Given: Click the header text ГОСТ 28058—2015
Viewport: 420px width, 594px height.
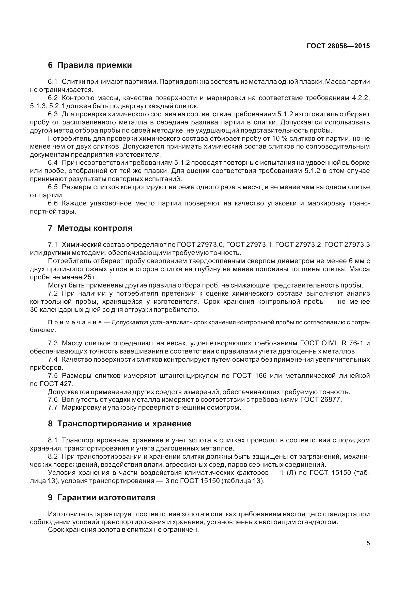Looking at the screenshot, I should [338, 46].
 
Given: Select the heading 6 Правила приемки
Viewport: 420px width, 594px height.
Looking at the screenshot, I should [90, 65].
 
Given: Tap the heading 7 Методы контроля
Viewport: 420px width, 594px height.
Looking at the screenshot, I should [90, 228].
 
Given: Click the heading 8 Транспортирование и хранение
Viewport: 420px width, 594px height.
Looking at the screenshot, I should [120, 424].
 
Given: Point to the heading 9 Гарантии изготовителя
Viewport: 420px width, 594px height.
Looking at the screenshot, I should [102, 497].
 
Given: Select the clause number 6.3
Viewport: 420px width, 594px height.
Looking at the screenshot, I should [53, 114].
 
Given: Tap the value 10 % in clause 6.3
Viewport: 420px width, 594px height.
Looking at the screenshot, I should [281, 138].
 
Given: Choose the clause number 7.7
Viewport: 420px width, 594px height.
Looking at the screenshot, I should [53, 408].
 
